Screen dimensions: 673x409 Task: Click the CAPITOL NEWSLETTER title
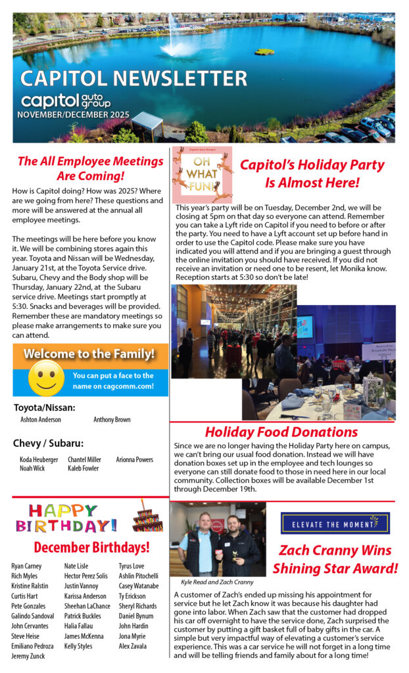(x=133, y=78)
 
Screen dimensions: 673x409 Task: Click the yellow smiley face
(x=45, y=379)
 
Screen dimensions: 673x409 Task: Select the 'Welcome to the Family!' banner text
(x=89, y=354)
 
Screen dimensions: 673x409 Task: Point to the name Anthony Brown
(x=112, y=419)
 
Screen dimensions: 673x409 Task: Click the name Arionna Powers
(x=134, y=459)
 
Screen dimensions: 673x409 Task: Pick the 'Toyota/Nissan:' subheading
(x=44, y=407)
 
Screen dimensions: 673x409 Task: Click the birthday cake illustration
(x=147, y=515)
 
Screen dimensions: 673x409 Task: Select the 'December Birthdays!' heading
(x=91, y=547)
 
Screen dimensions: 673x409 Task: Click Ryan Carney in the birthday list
(x=26, y=566)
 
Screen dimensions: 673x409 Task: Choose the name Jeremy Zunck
(x=29, y=656)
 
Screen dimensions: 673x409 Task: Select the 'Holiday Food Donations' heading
(x=281, y=432)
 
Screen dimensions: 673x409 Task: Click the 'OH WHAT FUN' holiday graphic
(x=202, y=174)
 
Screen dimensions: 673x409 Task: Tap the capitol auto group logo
(x=66, y=101)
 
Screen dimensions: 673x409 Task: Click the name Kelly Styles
(x=78, y=647)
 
